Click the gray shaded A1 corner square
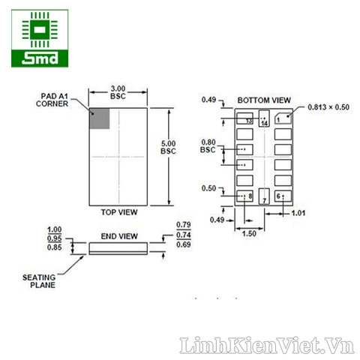tap(100, 118)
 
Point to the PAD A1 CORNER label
tap(52, 100)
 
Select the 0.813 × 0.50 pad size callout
tap(328, 107)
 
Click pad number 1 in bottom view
tap(282, 118)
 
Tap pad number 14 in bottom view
tap(263, 119)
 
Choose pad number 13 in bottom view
tap(245, 118)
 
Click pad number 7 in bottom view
tap(263, 197)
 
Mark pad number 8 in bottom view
tap(245, 196)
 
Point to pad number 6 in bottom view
tap(282, 196)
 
